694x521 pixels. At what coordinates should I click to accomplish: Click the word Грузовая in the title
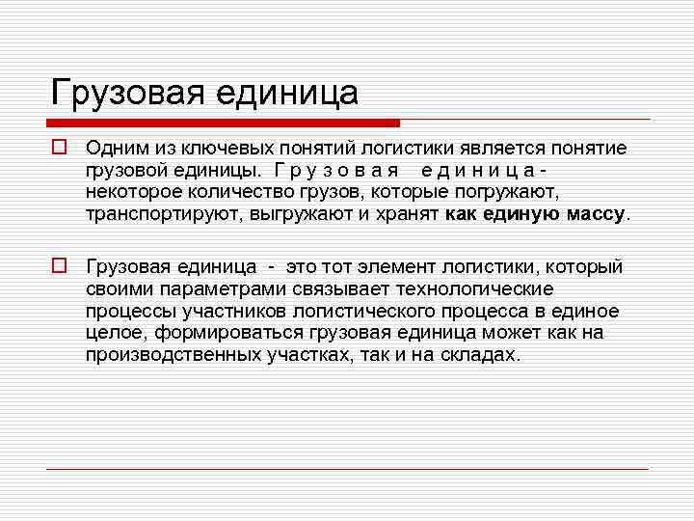(x=128, y=93)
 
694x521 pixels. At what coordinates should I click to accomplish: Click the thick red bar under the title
(x=223, y=123)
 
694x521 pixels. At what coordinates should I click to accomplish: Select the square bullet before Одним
(x=59, y=149)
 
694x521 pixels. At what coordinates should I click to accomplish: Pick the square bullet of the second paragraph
(x=59, y=266)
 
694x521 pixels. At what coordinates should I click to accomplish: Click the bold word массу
(x=588, y=214)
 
